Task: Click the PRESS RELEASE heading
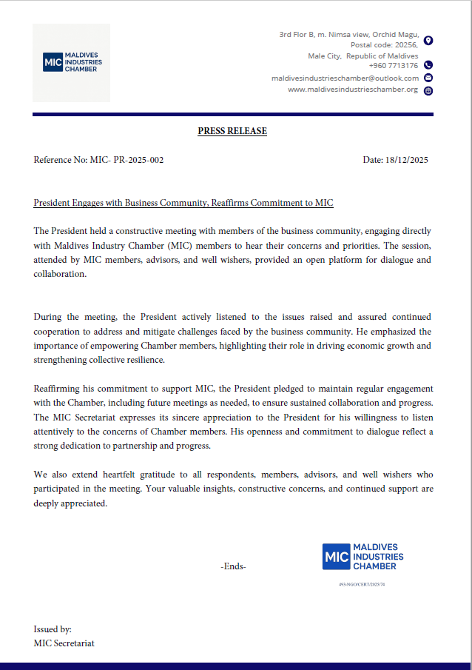232,131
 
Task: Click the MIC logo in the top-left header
72,62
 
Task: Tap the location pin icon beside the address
428,40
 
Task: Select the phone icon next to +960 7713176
428,65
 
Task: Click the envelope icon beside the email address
428,78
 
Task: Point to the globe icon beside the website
428,90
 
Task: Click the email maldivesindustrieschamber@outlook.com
345,78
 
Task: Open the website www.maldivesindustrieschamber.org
352,90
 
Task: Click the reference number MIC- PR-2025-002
126,160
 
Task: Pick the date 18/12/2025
407,160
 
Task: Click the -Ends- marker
233,566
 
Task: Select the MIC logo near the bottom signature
363,557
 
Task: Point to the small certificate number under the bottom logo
362,584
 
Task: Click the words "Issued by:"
53,629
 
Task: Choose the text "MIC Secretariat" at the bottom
64,643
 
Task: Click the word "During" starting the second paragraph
47,317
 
